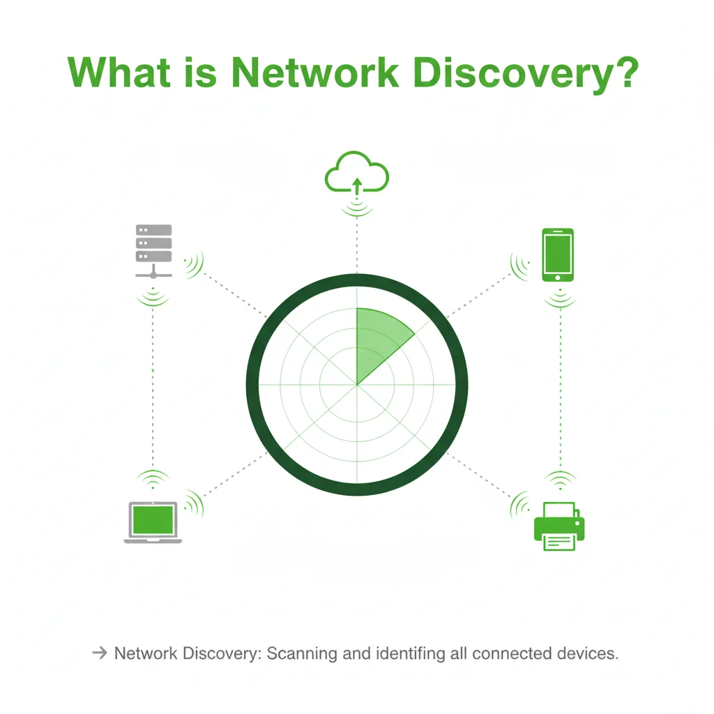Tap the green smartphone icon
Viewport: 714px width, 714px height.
coord(558,255)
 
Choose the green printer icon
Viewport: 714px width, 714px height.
coord(559,526)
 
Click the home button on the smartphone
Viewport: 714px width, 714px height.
coord(558,277)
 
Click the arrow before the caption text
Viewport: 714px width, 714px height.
coord(99,653)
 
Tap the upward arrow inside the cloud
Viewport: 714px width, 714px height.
coord(357,184)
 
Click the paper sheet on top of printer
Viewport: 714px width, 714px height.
coord(559,510)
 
